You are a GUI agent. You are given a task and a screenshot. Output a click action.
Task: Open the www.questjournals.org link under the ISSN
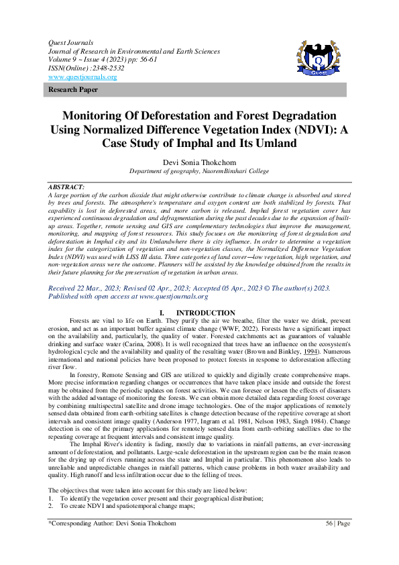click(82, 77)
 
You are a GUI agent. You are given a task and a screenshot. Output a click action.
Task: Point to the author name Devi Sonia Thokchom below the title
click(199, 162)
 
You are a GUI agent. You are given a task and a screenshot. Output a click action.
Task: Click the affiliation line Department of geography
click(199, 171)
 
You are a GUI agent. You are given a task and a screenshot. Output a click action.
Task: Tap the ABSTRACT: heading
click(66, 186)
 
